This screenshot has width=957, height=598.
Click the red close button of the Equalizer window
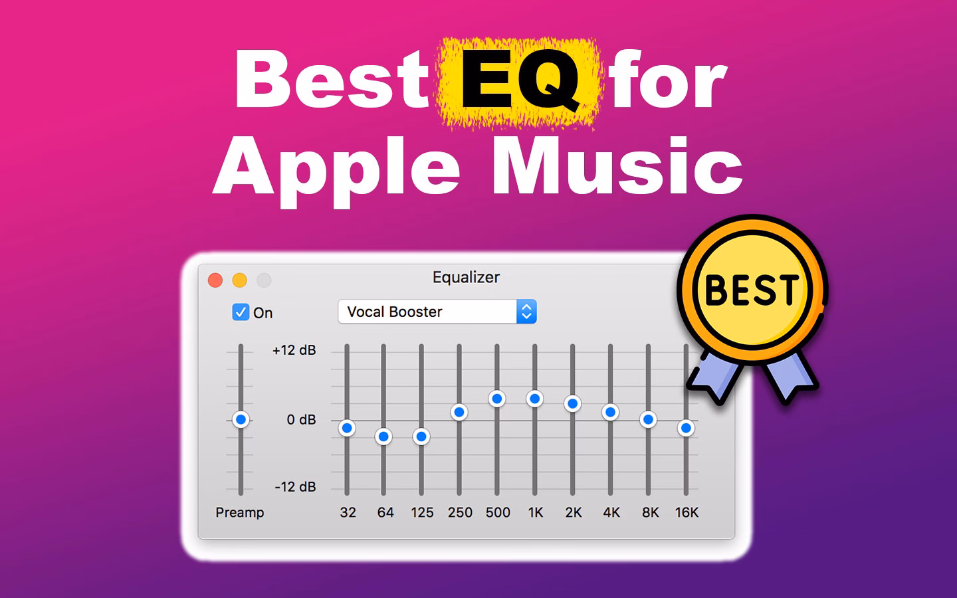[x=215, y=280]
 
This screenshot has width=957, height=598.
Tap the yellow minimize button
[x=239, y=280]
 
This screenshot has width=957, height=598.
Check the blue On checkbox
[x=240, y=312]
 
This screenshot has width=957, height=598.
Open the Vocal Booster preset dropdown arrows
[x=526, y=312]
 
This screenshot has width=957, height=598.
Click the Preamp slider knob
[x=241, y=419]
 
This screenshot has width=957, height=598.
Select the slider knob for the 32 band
[x=346, y=428]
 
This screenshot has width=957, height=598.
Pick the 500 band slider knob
[x=497, y=399]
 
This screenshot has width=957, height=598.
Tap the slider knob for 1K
[x=535, y=399]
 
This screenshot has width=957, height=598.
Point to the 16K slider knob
[x=686, y=428]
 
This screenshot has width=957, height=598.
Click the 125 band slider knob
[x=421, y=437]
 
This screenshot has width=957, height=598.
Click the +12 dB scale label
[x=294, y=350]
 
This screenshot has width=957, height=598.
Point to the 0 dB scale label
[x=301, y=420]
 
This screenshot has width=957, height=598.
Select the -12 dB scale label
[x=295, y=487]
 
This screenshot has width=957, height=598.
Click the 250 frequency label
[x=460, y=512]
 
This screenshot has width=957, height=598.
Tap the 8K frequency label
[x=650, y=512]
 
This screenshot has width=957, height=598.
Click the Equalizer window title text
[x=466, y=277]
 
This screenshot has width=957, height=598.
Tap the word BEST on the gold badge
[x=751, y=290]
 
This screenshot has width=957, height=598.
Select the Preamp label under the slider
[x=240, y=512]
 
